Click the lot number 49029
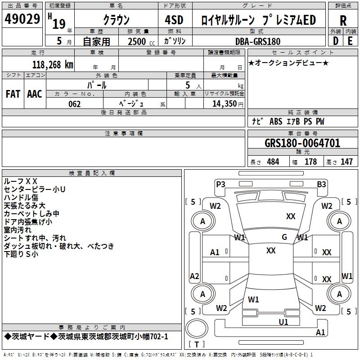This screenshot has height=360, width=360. click(x=22, y=20)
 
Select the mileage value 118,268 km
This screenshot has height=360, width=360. click(x=53, y=64)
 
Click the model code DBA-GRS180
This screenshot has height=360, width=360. click(x=258, y=41)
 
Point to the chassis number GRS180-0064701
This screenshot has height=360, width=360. click(x=302, y=143)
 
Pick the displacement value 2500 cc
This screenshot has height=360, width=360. click(x=138, y=41)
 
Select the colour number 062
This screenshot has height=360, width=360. click(x=75, y=104)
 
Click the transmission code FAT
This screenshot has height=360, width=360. click(x=13, y=94)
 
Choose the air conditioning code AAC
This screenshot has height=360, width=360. click(x=35, y=94)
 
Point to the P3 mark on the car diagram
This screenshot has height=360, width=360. click(x=220, y=184)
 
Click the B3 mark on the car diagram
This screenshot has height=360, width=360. click(x=321, y=184)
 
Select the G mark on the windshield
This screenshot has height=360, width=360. click(x=284, y=237)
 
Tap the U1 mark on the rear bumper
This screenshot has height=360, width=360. click(x=283, y=322)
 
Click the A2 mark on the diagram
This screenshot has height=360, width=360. click(x=194, y=276)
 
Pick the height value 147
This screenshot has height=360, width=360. click(x=346, y=162)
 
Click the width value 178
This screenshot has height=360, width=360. click(x=310, y=162)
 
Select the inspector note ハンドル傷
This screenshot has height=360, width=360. click(x=21, y=197)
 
